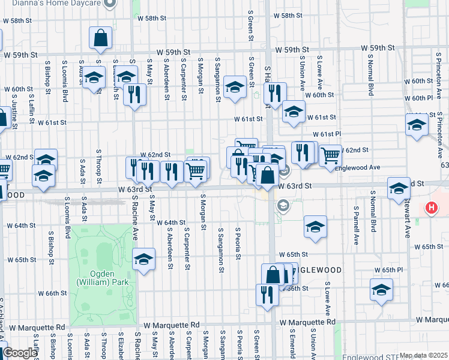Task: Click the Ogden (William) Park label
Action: (x=101, y=277)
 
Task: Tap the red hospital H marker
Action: (x=430, y=208)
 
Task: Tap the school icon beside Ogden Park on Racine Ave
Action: (x=143, y=259)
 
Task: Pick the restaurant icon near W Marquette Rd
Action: (x=267, y=295)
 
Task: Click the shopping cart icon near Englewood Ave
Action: (x=330, y=155)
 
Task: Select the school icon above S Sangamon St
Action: (x=235, y=88)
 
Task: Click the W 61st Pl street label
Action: (x=327, y=134)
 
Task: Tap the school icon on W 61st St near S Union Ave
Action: (x=294, y=112)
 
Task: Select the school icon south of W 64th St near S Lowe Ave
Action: (x=315, y=227)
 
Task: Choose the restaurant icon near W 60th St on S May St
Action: (x=134, y=94)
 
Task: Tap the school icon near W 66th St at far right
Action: (x=381, y=290)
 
